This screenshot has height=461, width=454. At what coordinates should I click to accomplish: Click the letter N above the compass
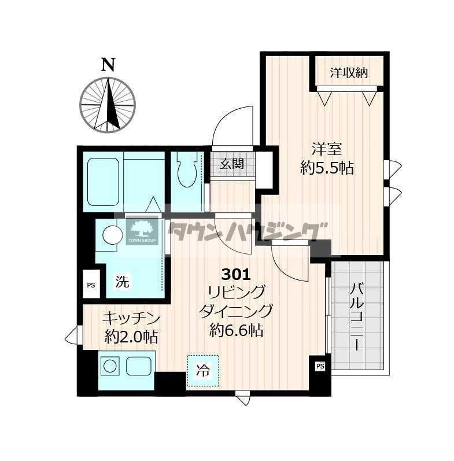108,65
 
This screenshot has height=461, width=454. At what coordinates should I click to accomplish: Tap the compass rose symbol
108,105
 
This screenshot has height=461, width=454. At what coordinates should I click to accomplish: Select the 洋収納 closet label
349,73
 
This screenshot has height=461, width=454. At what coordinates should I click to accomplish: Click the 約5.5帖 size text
327,168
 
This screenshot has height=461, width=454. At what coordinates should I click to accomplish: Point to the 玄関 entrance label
232,164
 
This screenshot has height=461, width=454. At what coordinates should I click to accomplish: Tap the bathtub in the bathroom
103,182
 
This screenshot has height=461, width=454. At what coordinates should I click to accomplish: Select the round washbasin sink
112,235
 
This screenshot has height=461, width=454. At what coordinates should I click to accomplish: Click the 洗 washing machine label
122,282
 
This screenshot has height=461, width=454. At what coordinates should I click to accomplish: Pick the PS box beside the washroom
91,285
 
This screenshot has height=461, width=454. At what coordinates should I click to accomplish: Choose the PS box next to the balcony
320,366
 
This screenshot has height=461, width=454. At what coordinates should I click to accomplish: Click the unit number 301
236,275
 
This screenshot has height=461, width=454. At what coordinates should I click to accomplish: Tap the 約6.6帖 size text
236,330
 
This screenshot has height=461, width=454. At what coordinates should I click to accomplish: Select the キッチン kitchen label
131,318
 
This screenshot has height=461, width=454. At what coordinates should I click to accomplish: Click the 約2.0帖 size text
131,337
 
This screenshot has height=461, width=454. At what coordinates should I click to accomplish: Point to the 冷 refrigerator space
203,370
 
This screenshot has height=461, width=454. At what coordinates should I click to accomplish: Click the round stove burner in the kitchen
110,366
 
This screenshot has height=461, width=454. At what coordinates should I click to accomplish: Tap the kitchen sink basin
139,366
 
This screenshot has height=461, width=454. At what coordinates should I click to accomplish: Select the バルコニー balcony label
357,316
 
